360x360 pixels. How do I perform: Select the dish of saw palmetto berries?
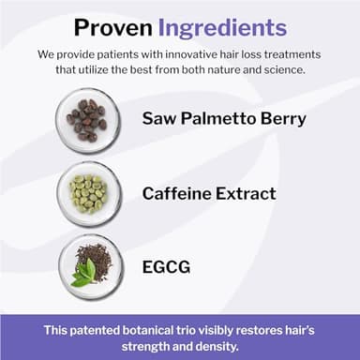point(87,120)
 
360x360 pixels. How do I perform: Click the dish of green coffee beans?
point(87,192)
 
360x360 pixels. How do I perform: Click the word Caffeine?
point(180,193)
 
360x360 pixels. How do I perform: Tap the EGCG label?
point(166,267)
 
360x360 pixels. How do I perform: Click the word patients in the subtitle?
point(137,54)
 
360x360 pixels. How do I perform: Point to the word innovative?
point(203,54)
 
